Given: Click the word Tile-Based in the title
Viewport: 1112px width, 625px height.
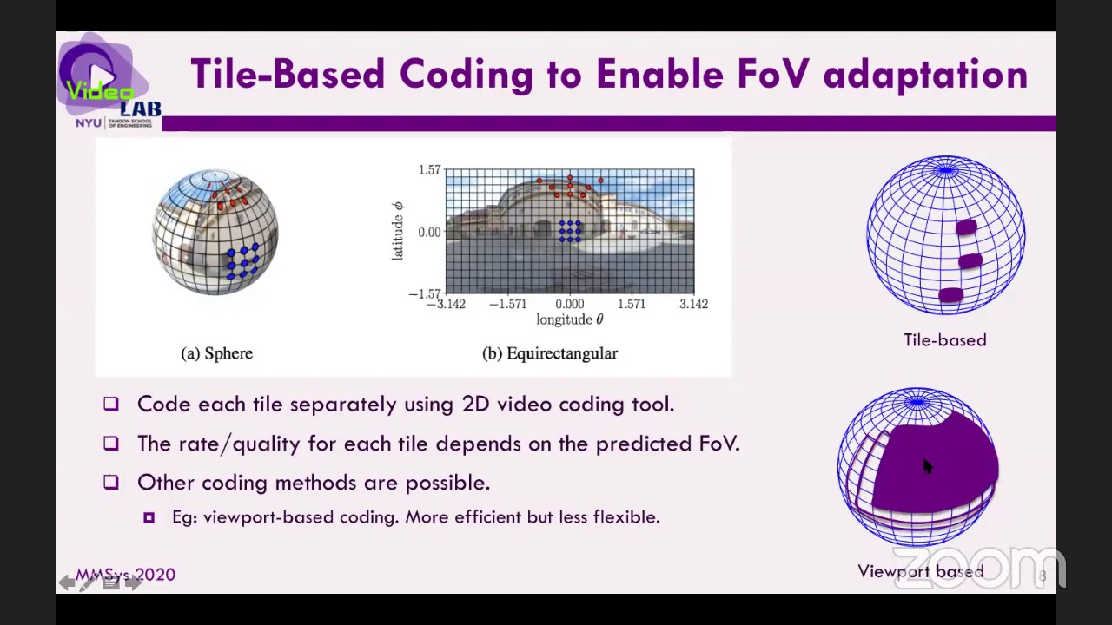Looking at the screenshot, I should click(x=287, y=75).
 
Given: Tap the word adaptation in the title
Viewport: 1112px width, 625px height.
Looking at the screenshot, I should click(x=925, y=75).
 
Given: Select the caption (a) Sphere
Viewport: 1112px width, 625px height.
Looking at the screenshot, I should click(x=216, y=353).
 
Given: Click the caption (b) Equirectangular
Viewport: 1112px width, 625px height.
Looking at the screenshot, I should click(x=550, y=353).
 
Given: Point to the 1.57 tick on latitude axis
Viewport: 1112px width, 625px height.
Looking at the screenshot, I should click(x=429, y=170).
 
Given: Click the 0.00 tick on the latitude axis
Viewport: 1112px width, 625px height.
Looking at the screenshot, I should click(x=429, y=232).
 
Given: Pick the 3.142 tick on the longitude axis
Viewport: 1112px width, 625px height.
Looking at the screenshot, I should click(x=692, y=304).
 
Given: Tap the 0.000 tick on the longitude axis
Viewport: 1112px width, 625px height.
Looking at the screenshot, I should click(x=569, y=304).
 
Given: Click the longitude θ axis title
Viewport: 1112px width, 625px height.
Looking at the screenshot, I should click(x=569, y=319).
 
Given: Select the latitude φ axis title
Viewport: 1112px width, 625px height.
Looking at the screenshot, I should click(x=398, y=230).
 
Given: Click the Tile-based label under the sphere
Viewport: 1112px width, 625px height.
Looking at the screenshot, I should click(x=944, y=340).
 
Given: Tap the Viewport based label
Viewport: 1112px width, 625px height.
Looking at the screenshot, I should click(x=921, y=571).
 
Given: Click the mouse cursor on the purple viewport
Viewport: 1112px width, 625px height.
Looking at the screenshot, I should click(x=926, y=467).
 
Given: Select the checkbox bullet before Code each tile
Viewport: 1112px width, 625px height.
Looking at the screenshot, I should click(x=110, y=404).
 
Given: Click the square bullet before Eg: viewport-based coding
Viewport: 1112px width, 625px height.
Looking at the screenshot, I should click(x=149, y=517).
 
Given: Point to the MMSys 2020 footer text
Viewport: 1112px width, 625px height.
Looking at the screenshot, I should click(x=125, y=575).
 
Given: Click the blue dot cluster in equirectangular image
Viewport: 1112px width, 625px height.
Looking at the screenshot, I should click(x=570, y=230).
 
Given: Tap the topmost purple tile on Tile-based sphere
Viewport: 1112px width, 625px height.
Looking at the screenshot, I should click(x=966, y=228).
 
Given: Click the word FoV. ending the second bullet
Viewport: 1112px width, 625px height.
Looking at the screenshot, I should click(x=719, y=444).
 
